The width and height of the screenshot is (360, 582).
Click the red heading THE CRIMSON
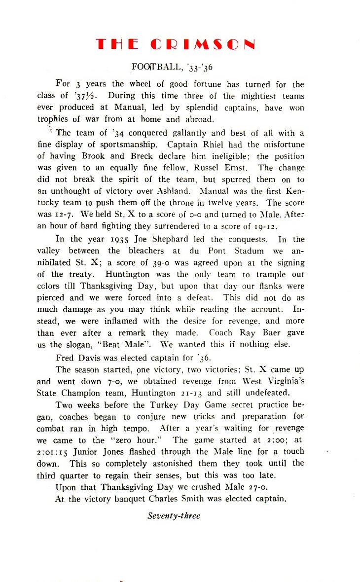pos(176,44)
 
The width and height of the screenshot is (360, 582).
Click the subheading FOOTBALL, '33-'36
pos(172,67)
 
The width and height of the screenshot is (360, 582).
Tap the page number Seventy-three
pos(174,516)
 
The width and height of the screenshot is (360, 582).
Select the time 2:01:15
pos(56,452)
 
